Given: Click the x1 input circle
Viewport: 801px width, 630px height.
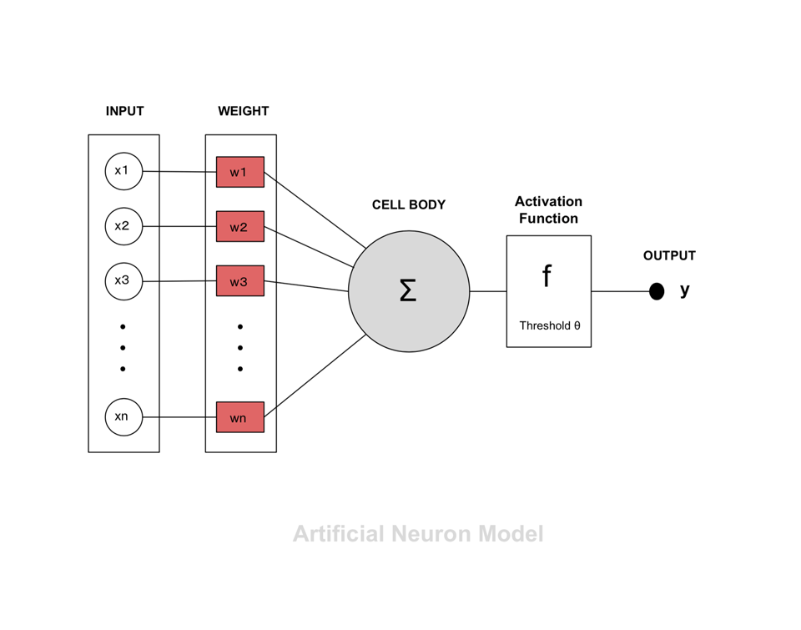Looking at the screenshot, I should tap(123, 172).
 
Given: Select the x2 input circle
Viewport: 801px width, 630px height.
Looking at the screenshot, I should tap(123, 226).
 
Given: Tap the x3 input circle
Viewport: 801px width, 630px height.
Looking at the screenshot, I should tap(123, 281).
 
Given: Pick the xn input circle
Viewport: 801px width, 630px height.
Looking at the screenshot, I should tap(123, 417).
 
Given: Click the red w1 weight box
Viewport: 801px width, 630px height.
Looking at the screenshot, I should tap(239, 172).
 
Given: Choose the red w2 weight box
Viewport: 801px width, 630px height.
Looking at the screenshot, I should tap(239, 227).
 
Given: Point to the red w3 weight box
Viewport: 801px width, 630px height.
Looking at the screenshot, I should tap(239, 281).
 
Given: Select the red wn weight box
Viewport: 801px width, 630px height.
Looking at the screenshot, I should tap(239, 417).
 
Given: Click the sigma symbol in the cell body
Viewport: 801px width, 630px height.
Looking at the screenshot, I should tap(408, 291).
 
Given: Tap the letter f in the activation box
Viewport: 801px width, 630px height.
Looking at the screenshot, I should tap(547, 276).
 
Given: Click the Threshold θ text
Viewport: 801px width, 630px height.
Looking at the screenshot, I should tap(549, 325).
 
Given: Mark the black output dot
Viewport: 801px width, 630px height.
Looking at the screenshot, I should tap(657, 291).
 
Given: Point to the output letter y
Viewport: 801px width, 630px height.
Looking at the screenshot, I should tap(685, 290).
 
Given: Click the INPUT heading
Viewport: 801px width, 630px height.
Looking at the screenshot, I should tap(124, 111).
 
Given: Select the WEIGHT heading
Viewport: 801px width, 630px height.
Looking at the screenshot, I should tap(243, 111).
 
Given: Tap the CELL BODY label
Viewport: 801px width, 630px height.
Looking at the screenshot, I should tap(409, 205).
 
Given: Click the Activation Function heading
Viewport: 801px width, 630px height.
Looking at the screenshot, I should tap(548, 210).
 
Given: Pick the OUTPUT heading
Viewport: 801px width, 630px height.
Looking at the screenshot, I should tap(669, 256).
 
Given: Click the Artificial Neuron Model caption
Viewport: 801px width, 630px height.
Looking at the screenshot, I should tap(418, 534).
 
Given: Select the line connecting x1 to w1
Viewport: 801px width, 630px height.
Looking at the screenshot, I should tap(179, 172).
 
